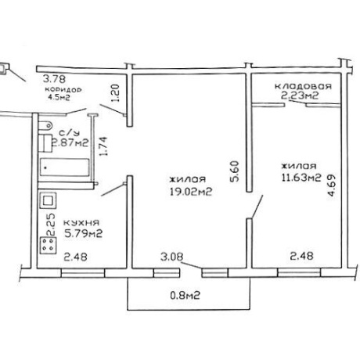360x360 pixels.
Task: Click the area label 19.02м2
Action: coord(191,192)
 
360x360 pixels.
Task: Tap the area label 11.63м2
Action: coord(301,178)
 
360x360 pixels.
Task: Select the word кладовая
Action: coord(303,86)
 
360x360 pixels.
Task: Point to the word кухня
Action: coord(81,222)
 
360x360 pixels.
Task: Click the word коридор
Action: coord(63,89)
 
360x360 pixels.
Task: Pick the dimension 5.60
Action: coord(235,171)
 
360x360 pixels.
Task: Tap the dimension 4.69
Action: coord(331,185)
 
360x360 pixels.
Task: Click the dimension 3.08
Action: coord(172,257)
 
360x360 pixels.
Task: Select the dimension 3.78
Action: coord(54,78)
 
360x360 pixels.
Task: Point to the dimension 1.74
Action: coord(103,146)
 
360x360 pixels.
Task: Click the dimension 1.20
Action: coord(115,93)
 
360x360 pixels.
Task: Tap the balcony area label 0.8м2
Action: coord(185,296)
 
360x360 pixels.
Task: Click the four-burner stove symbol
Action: coord(49,245)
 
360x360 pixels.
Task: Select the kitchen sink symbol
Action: coord(48,201)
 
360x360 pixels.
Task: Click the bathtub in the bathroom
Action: coord(64,167)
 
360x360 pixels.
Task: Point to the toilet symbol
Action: coord(45,126)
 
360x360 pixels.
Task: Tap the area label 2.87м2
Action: coord(70,142)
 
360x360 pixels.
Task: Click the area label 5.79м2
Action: coord(83,233)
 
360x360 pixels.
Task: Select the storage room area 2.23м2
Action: coord(300,95)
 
